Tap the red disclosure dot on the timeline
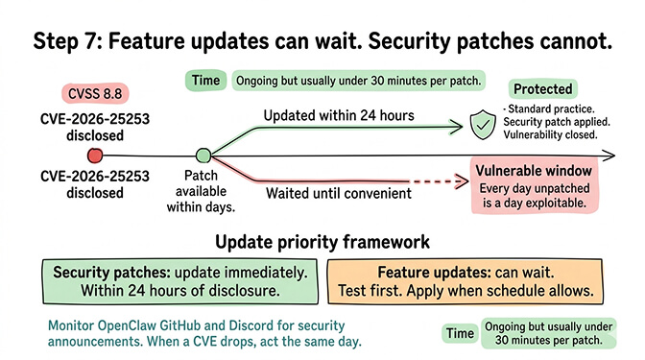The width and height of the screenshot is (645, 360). tap(93, 156)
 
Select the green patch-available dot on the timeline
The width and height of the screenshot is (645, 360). tap(203, 156)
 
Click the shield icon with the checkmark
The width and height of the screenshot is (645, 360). tap(480, 122)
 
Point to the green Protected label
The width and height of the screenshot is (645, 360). tap(550, 88)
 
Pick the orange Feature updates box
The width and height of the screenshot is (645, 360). tap(477, 279)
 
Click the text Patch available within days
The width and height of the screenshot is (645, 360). tap(203, 191)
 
